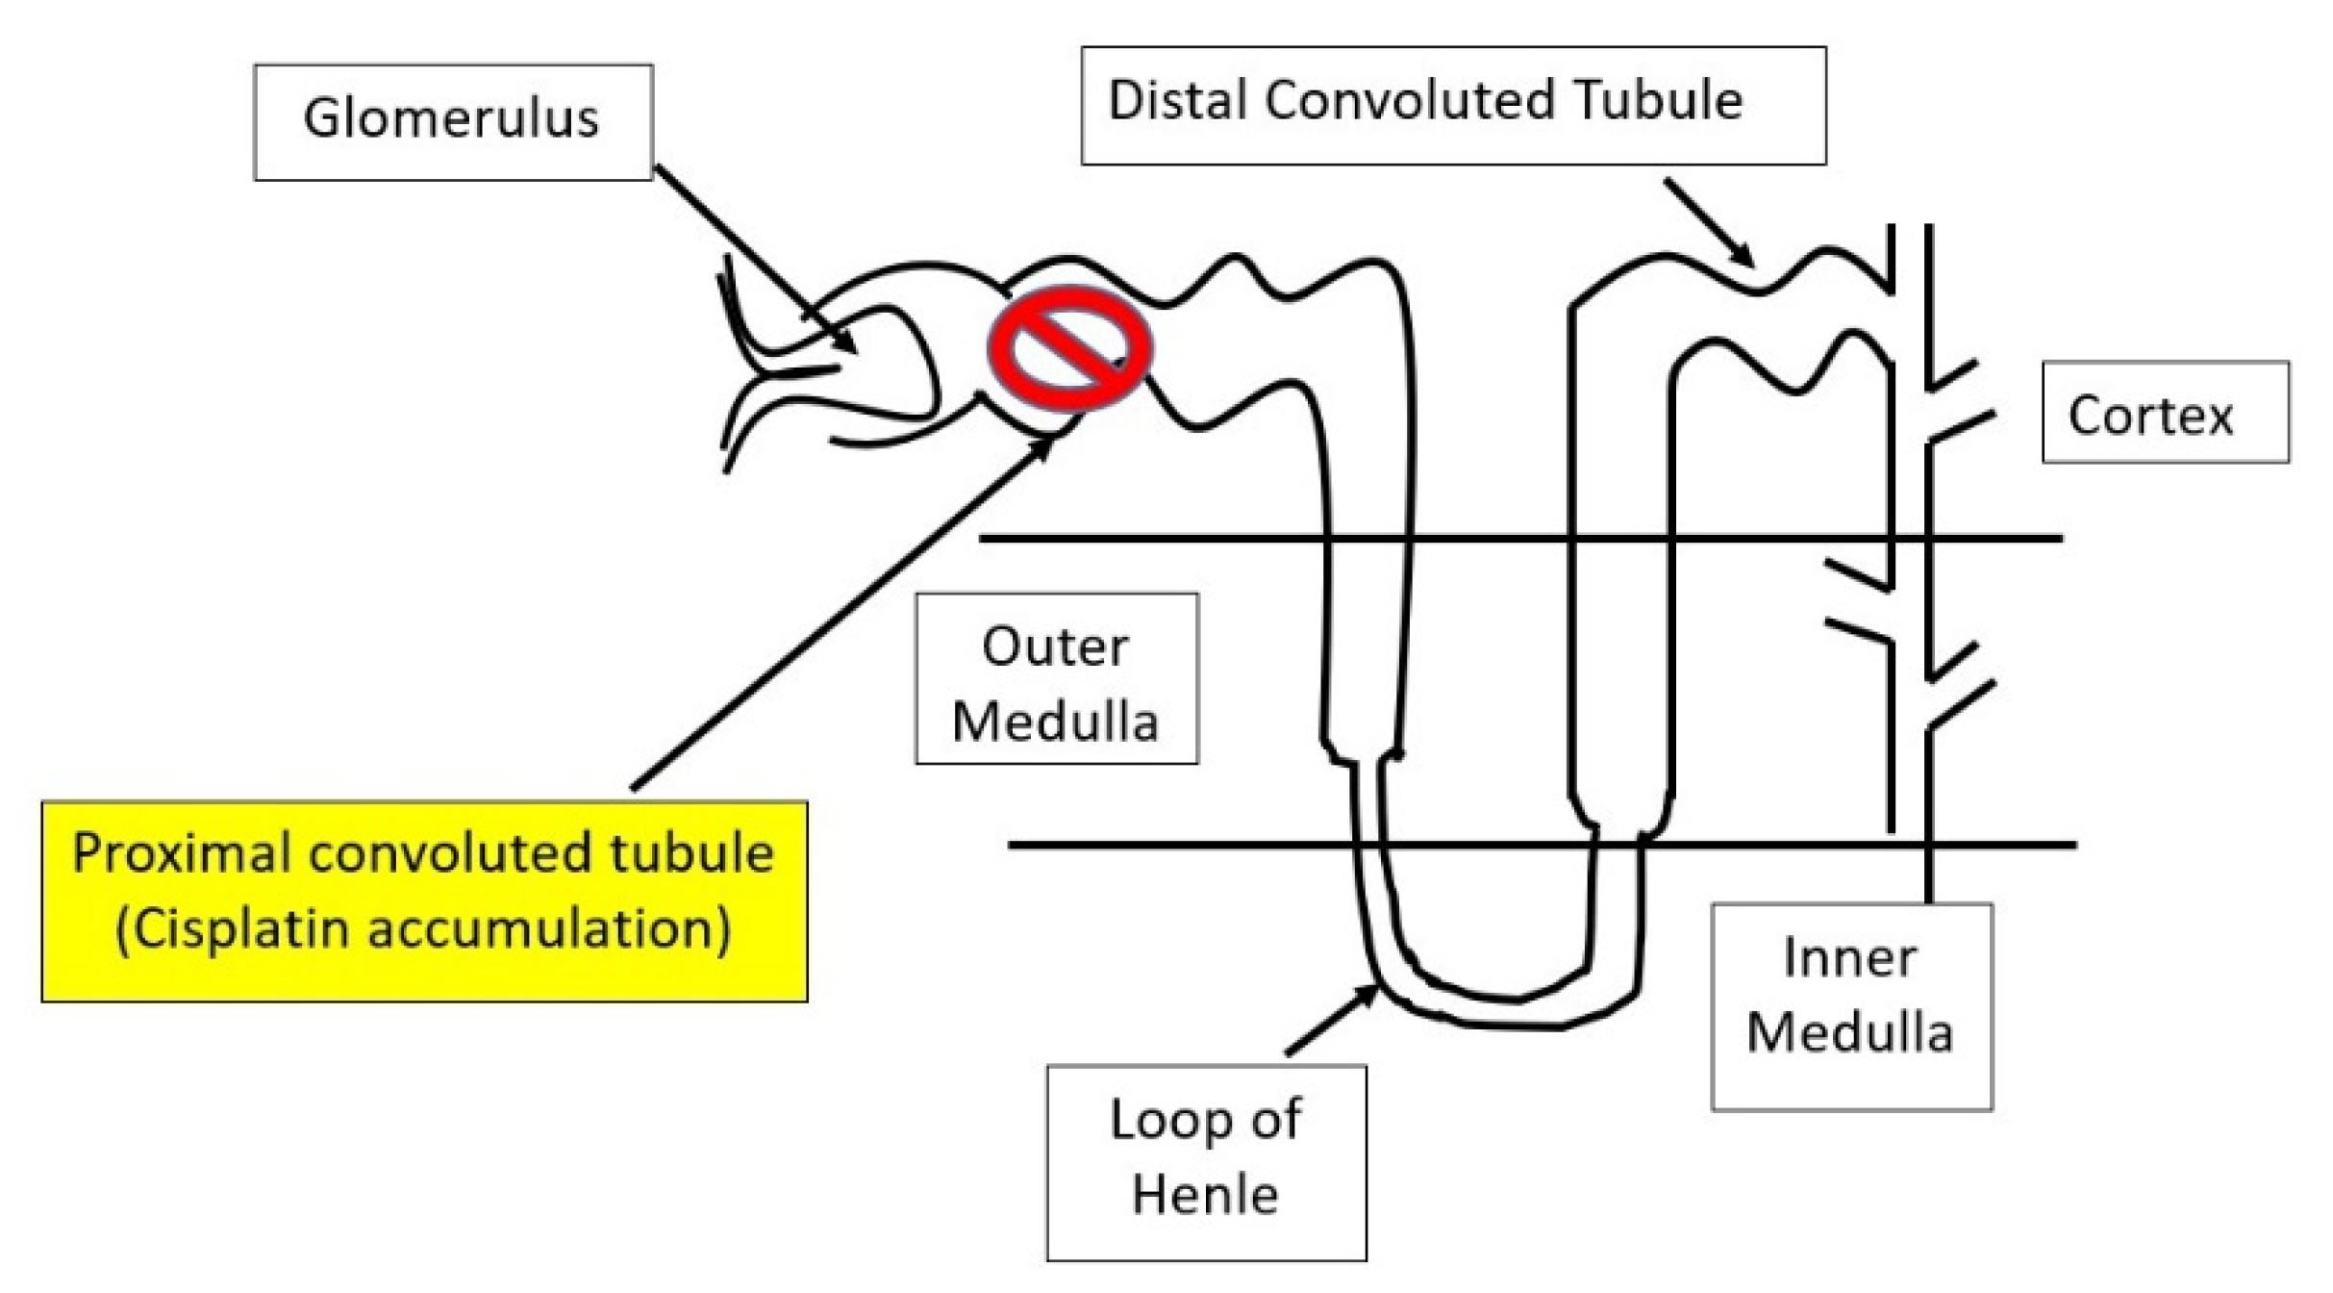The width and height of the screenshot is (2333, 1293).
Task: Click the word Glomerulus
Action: click(x=451, y=120)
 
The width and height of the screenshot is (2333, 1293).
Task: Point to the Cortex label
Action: click(x=2150, y=417)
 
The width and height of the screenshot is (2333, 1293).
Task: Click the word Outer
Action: click(x=1055, y=646)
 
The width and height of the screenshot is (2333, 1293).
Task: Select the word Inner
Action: click(x=1849, y=958)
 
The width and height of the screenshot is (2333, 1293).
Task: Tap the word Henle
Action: click(x=1205, y=1195)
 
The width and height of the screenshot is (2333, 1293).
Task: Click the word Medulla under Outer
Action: click(x=1055, y=723)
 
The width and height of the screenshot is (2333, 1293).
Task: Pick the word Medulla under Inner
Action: click(x=1849, y=1034)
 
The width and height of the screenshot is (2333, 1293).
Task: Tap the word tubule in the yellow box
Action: click(x=704, y=853)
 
